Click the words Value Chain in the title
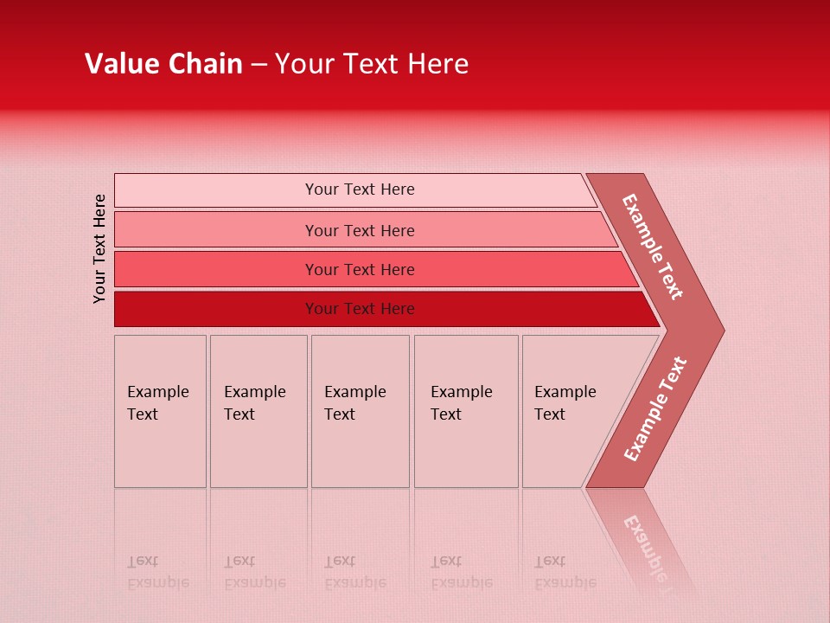coord(163,64)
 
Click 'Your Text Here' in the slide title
coord(372,64)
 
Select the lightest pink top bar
coord(216,190)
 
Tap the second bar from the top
coord(216,230)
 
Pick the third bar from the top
coord(216,269)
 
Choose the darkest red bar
coord(216,309)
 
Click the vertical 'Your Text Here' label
coord(99,248)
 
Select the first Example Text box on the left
coord(160,411)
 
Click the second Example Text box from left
coord(258,411)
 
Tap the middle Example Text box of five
coord(360,411)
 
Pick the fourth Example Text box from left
coord(465,411)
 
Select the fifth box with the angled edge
coord(571,411)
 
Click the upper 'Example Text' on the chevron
coord(653,247)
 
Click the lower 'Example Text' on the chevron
coord(654,409)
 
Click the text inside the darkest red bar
coord(360,309)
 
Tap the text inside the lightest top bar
coord(360,189)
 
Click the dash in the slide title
coord(259,65)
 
